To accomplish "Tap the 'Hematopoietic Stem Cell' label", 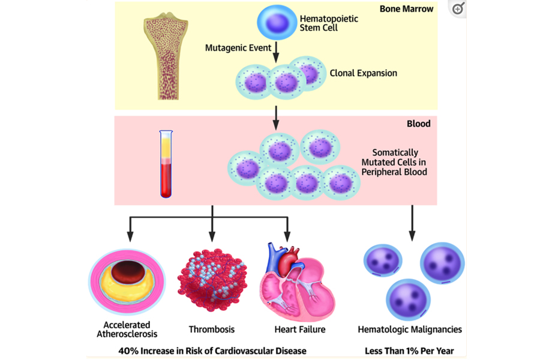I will pyautogui.click(x=328, y=23).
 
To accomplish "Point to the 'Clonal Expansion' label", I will pyautogui.click(x=363, y=73).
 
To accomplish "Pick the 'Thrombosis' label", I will pyautogui.click(x=211, y=329).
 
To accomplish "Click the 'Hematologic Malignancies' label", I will pyautogui.click(x=410, y=329).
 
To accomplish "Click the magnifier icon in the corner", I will pyautogui.click(x=458, y=8).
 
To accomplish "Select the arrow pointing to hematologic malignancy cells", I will pyautogui.click(x=412, y=222).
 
